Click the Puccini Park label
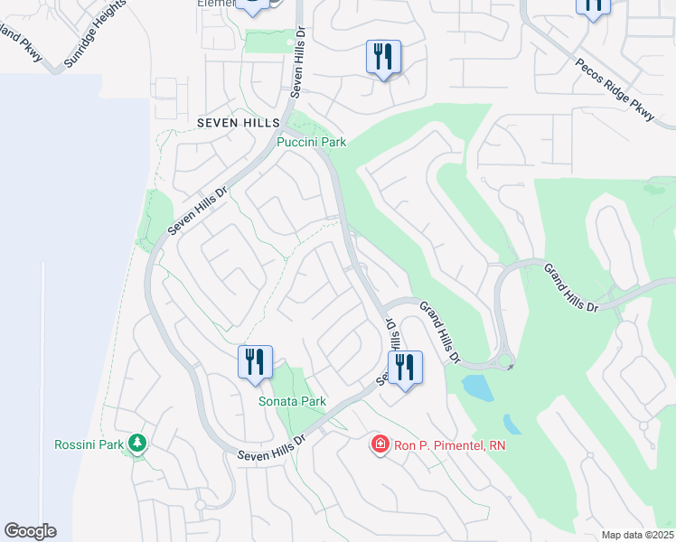(x=311, y=143)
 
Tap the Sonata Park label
(x=292, y=401)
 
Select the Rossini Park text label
(x=89, y=444)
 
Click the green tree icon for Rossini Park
(x=136, y=443)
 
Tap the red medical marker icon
(x=380, y=444)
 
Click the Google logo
(x=30, y=531)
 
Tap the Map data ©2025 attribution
(x=636, y=535)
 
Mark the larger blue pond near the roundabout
(x=475, y=388)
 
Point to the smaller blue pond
(x=512, y=423)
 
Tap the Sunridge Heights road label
(x=89, y=46)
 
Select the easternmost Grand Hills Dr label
(x=570, y=287)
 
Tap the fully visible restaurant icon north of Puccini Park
(x=382, y=57)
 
